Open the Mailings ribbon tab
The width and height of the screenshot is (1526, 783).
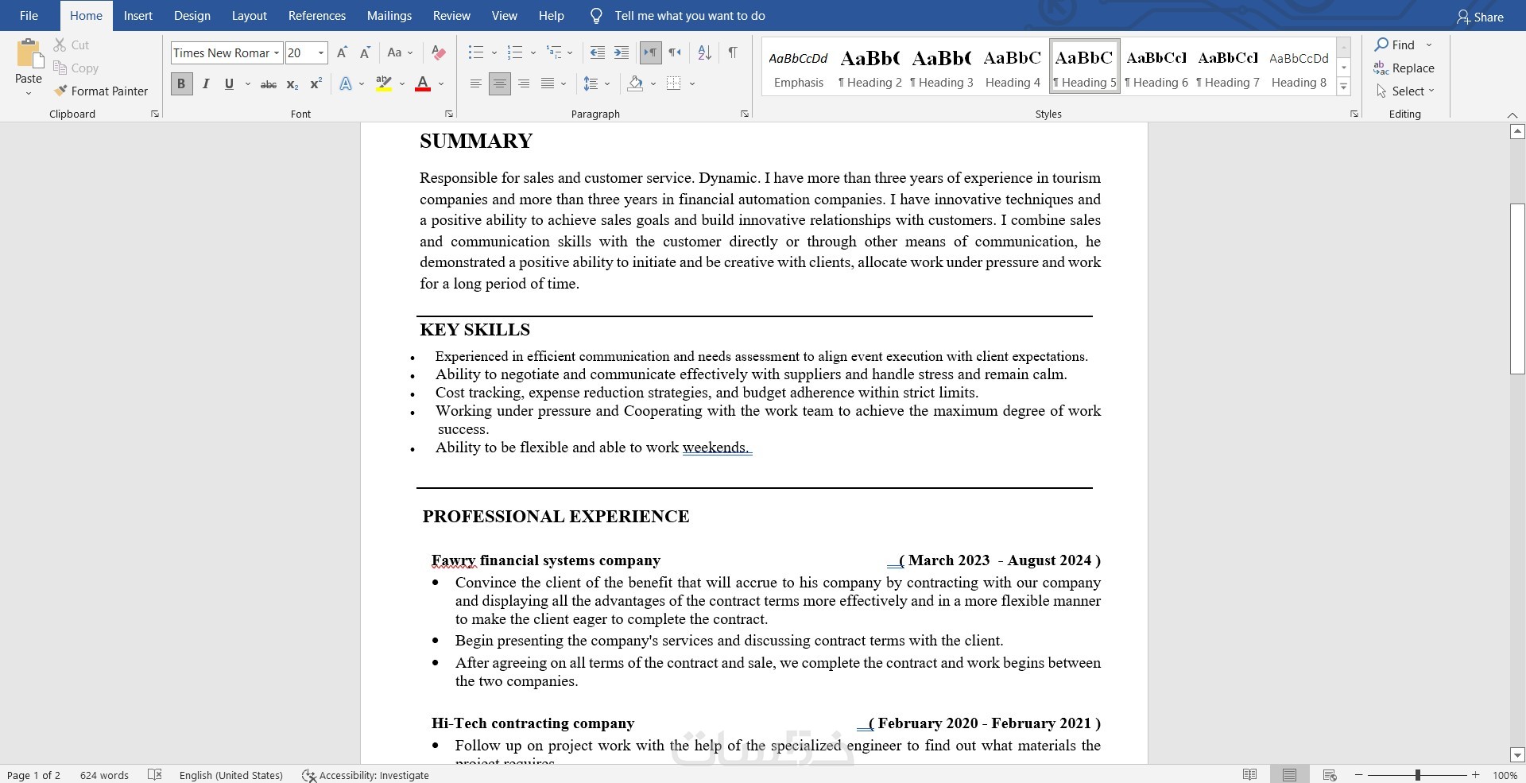click(x=389, y=16)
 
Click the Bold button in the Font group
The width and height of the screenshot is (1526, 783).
click(x=181, y=83)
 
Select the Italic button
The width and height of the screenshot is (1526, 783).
click(x=206, y=83)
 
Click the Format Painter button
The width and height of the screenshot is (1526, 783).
click(x=101, y=91)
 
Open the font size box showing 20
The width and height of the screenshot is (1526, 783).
click(x=305, y=53)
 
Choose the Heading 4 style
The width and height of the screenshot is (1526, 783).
click(x=1013, y=67)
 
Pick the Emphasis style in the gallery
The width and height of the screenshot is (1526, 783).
click(x=798, y=67)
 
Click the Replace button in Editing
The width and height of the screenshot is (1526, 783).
click(x=1404, y=68)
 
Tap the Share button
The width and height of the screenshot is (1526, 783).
click(x=1480, y=17)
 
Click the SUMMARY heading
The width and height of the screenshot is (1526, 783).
click(x=476, y=141)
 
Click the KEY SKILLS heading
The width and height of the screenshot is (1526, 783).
click(x=474, y=330)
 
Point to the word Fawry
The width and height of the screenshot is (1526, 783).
click(x=453, y=560)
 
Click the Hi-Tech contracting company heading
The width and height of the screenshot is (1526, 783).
click(x=533, y=723)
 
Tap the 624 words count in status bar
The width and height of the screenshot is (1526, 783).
click(x=104, y=775)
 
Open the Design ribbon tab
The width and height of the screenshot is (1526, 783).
click(x=192, y=16)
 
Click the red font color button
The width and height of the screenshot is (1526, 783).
click(x=423, y=83)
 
